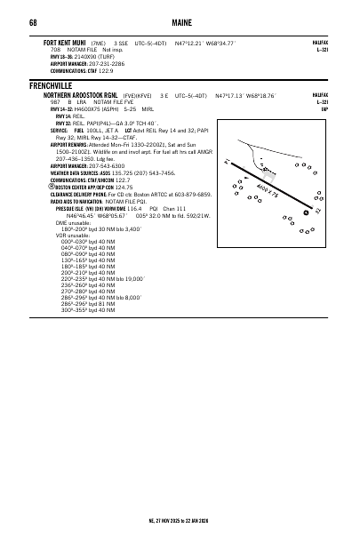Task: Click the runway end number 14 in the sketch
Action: [x=228, y=162]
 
